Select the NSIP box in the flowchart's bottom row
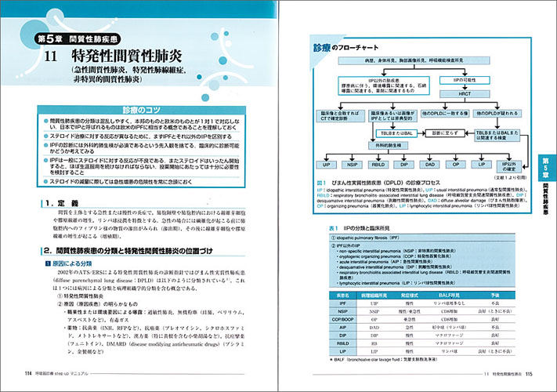tap(353, 165)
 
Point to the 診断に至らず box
tap(430, 133)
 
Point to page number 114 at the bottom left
tap(29, 372)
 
